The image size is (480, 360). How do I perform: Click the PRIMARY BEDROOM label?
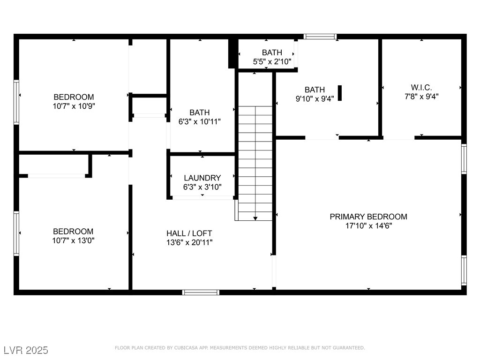(x=368, y=217)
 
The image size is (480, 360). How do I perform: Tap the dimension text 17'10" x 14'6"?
(x=368, y=225)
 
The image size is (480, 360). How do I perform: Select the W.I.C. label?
(x=421, y=88)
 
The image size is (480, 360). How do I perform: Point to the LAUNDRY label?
(x=202, y=178)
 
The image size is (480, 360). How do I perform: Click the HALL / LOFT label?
(x=189, y=233)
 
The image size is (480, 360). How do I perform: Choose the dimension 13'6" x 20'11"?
(x=189, y=242)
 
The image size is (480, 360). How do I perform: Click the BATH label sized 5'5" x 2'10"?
(x=272, y=52)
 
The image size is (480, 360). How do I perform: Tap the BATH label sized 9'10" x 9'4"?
(x=315, y=90)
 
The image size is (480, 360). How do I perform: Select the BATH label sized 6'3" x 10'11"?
(x=200, y=112)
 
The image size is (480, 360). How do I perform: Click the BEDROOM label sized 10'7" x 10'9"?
(x=73, y=97)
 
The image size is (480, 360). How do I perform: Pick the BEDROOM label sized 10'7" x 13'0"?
(x=73, y=231)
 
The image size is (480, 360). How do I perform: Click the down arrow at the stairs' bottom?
(x=255, y=218)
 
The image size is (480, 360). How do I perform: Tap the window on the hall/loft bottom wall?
(x=201, y=292)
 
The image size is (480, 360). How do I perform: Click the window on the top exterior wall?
(x=320, y=37)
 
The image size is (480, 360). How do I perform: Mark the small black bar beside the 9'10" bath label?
(x=340, y=93)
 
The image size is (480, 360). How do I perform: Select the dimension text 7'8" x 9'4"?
(x=421, y=97)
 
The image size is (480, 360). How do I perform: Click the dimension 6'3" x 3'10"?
(x=202, y=187)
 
